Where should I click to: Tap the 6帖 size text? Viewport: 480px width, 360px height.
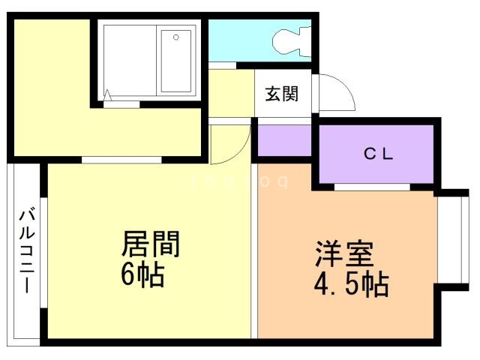[142, 276]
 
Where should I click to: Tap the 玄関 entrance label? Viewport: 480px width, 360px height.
[281, 94]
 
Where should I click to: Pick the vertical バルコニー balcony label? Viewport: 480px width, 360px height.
[25, 251]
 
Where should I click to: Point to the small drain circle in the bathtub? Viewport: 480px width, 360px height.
[176, 35]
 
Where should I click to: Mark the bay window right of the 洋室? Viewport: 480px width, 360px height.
[452, 242]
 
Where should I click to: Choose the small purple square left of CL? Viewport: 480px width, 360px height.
[284, 140]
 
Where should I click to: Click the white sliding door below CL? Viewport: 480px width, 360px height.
[371, 186]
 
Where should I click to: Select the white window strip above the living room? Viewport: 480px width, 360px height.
[121, 160]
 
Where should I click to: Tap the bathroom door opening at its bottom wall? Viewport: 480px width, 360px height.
[120, 103]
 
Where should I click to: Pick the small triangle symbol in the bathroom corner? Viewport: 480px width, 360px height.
[108, 94]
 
